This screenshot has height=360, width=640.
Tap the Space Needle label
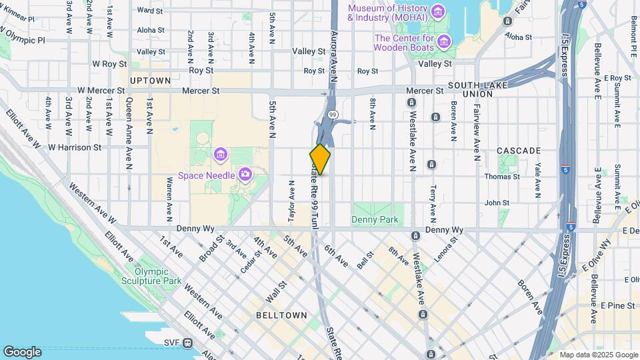point(205,175)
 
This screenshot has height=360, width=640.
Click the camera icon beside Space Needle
point(245,175)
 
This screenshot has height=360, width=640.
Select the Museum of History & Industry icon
point(437,11)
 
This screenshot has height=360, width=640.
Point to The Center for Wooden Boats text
point(405,43)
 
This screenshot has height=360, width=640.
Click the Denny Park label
point(375,219)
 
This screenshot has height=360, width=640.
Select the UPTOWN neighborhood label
point(151,80)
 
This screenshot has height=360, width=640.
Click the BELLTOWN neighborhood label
point(281,315)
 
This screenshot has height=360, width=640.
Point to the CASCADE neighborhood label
point(519,151)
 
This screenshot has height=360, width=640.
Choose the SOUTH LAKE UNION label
point(479,89)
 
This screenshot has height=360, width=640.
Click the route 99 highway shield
point(331,115)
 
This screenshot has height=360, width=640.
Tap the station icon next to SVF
point(188,343)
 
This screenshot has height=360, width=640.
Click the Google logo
point(22,351)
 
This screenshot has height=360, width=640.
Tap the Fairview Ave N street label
point(477,134)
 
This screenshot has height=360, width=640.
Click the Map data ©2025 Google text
point(598,355)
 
